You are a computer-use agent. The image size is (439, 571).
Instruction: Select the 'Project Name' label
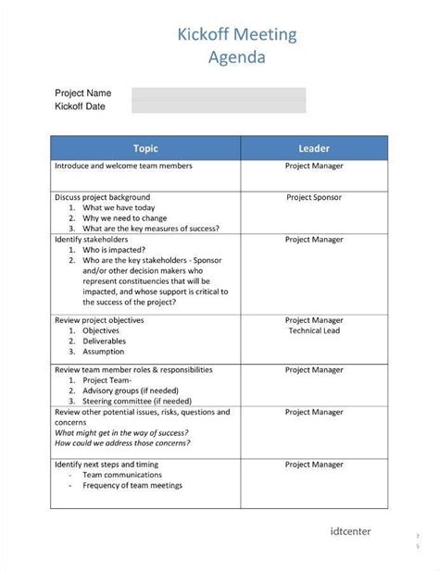pyautogui.click(x=83, y=93)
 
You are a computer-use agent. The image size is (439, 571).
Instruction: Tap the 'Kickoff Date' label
pyautogui.click(x=80, y=106)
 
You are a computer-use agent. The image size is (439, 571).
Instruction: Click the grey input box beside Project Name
pyautogui.click(x=219, y=100)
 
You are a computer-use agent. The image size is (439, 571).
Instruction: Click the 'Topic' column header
pyautogui.click(x=145, y=148)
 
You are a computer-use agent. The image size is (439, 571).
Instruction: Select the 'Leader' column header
pyautogui.click(x=314, y=148)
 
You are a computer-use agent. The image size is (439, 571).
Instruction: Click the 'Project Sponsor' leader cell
pyautogui.click(x=314, y=197)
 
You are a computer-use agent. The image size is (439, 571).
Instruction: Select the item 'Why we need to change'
pyautogui.click(x=127, y=218)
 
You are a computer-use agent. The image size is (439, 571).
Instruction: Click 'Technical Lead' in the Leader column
pyautogui.click(x=314, y=330)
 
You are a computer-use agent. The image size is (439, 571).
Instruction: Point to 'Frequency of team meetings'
pyautogui.click(x=132, y=486)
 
